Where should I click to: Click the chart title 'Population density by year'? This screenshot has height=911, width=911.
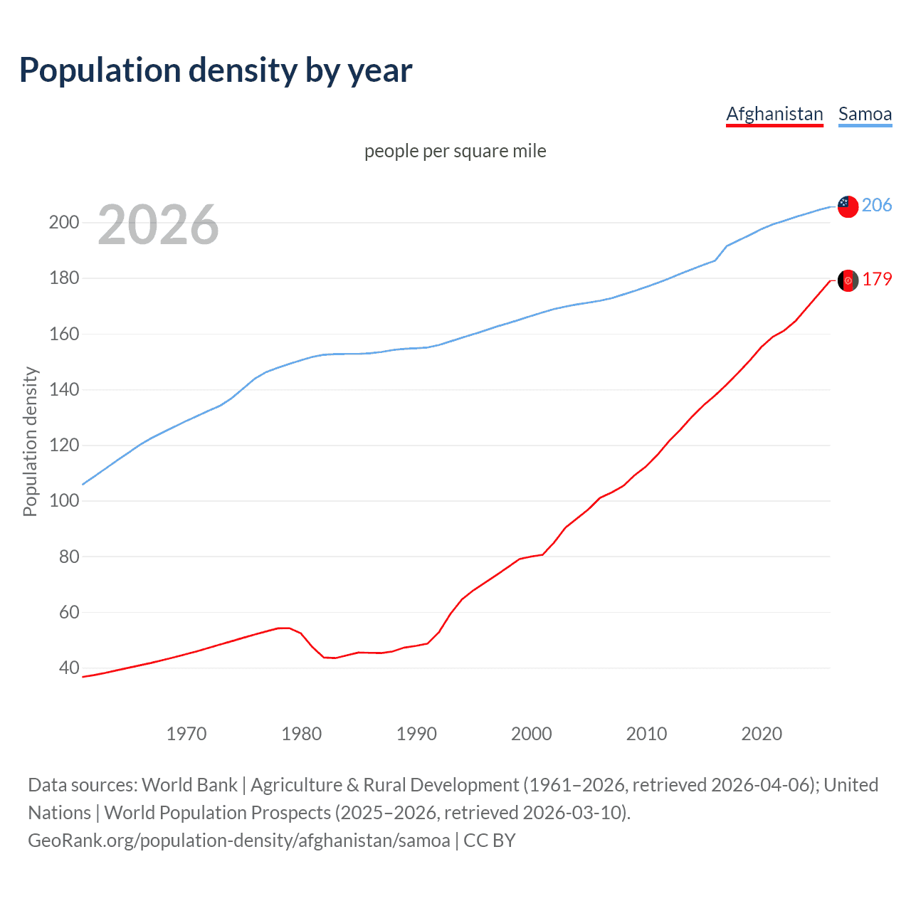pyautogui.click(x=216, y=70)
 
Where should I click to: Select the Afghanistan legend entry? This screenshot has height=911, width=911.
pyautogui.click(x=774, y=114)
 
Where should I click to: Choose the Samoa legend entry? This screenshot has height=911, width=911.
pyautogui.click(x=865, y=114)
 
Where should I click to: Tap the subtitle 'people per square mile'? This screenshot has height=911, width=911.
pyautogui.click(x=455, y=151)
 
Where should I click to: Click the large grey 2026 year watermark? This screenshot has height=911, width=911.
pyautogui.click(x=158, y=225)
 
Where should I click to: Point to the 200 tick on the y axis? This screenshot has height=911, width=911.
pyautogui.click(x=64, y=223)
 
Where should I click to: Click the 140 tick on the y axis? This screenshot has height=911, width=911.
pyautogui.click(x=64, y=390)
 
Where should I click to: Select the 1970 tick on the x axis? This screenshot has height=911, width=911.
pyautogui.click(x=186, y=734)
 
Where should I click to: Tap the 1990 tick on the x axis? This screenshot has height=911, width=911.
pyautogui.click(x=416, y=734)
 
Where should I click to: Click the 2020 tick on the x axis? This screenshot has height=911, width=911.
pyautogui.click(x=762, y=734)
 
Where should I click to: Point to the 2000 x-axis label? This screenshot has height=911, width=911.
pyautogui.click(x=532, y=734)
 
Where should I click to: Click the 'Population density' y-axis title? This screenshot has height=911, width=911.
pyautogui.click(x=30, y=441)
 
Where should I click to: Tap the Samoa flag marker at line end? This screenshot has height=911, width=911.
pyautogui.click(x=848, y=206)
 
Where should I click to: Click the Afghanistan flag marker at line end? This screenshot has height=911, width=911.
pyautogui.click(x=848, y=280)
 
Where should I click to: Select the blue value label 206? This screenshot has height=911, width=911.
pyautogui.click(x=877, y=205)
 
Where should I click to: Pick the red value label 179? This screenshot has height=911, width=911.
pyautogui.click(x=877, y=279)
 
